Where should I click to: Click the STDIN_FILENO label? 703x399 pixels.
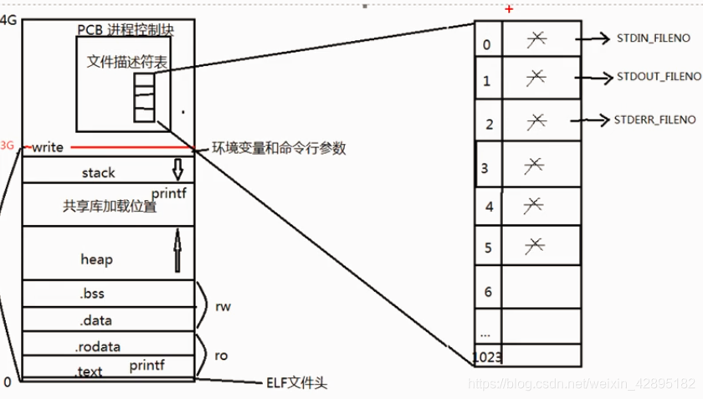coord(653,38)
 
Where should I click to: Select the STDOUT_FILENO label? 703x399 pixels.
coord(659,77)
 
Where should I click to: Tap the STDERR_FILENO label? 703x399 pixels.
coord(654,120)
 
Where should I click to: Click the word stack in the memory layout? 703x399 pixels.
coord(99,172)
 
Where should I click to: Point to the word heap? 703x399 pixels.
coord(96,259)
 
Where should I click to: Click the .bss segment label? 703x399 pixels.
coord(92,294)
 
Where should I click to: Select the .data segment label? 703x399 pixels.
coord(95,320)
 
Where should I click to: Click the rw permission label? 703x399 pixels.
coord(223,307)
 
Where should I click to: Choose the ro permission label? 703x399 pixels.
coord(222,356)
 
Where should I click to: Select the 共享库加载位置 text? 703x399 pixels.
coord(110,207)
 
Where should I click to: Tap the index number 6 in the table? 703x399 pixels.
coord(488,292)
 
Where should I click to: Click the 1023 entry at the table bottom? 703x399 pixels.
coord(487,357)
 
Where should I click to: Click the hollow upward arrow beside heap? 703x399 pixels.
coord(177,252)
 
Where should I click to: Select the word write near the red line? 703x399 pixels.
coord(48,147)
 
